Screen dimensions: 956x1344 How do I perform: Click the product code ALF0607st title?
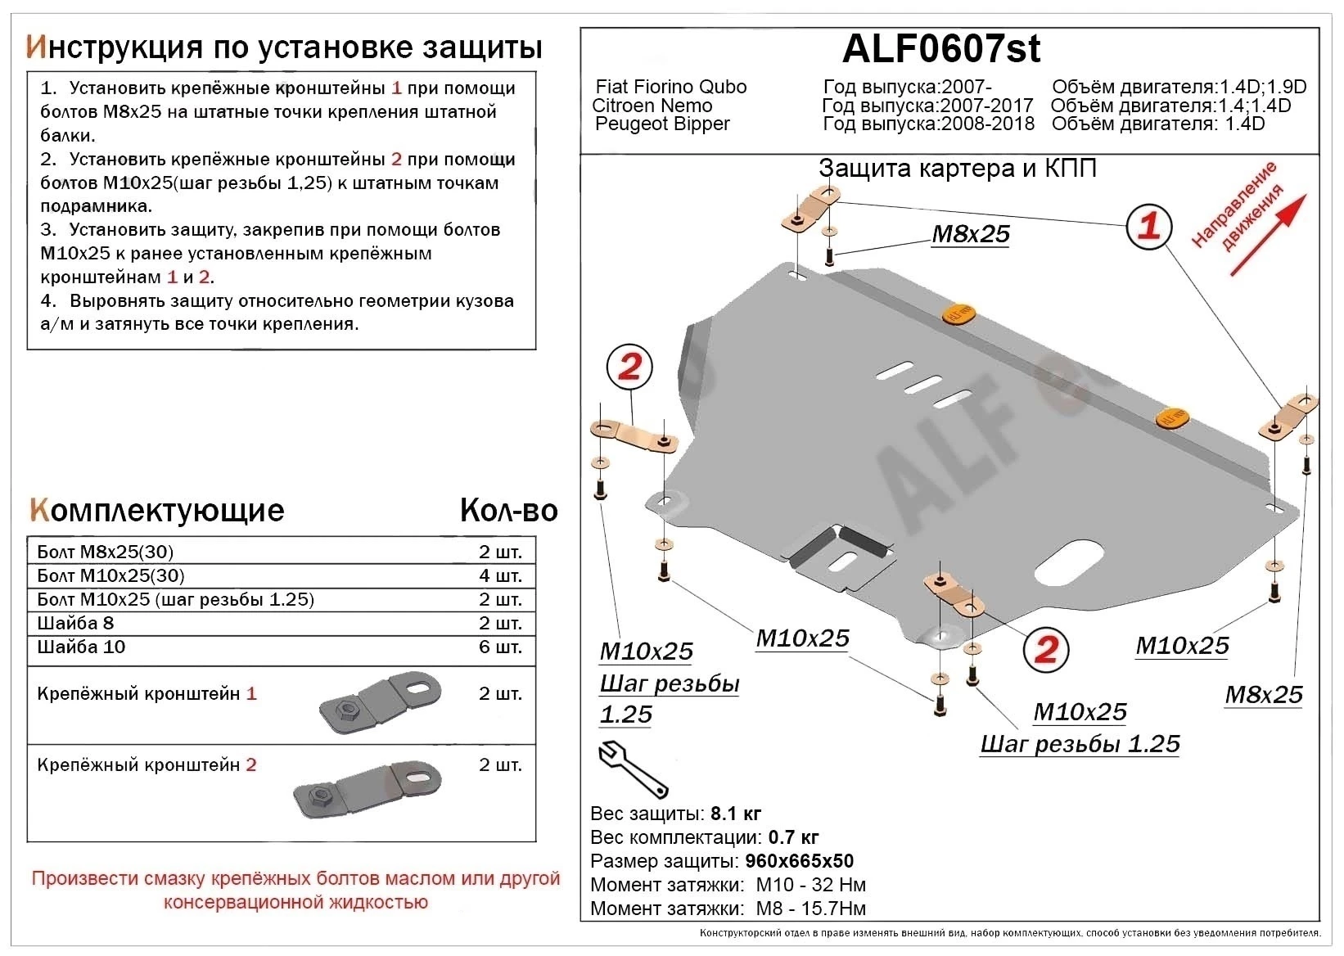(x=940, y=49)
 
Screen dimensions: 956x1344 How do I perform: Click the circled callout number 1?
(x=1148, y=226)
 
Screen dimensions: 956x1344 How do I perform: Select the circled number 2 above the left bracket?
(x=629, y=367)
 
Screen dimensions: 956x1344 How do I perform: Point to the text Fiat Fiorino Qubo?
(x=670, y=87)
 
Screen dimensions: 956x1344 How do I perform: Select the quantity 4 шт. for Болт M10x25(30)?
(x=500, y=575)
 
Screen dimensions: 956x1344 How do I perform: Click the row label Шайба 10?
(x=81, y=647)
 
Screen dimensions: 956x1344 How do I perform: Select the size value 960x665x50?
(x=799, y=861)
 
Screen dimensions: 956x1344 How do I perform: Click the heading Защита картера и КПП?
(x=957, y=169)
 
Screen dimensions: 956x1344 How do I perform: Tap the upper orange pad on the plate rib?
(x=961, y=313)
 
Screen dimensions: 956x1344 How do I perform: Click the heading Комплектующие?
(x=156, y=510)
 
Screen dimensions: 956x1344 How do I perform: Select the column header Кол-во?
(x=508, y=510)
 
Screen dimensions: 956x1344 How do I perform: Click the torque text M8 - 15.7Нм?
(x=810, y=909)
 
